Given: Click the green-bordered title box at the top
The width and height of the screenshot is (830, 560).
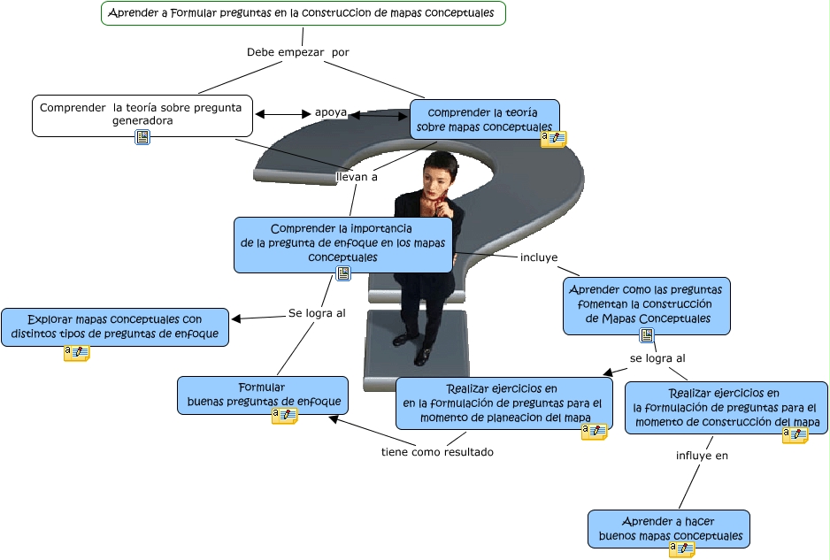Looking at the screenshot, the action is (x=304, y=13).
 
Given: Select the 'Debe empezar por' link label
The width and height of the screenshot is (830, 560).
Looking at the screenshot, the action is (x=298, y=52).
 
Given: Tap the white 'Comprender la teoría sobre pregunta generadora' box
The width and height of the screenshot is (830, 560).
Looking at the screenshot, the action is (x=142, y=115).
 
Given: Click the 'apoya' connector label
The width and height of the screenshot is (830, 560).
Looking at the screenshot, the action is (x=331, y=112).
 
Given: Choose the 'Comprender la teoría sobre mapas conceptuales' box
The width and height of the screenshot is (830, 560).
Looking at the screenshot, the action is (x=484, y=119).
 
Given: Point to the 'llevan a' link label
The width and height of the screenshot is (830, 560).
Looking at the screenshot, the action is (x=357, y=177).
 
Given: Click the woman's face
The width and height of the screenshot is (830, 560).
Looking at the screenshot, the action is (x=435, y=180).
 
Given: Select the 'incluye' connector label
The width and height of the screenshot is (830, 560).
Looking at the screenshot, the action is (x=539, y=257).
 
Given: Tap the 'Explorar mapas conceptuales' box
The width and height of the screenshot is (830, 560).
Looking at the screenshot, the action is (x=115, y=327).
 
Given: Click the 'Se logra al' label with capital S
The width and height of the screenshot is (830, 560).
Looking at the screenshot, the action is (x=317, y=313).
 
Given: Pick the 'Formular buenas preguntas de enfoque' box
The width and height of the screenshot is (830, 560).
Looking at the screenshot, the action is (x=263, y=395).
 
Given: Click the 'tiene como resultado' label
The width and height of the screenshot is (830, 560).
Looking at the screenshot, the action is (x=437, y=452).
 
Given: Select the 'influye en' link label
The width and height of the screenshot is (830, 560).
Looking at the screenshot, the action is (x=702, y=456).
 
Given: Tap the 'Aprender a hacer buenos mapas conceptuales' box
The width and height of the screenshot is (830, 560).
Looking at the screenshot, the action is (x=669, y=529).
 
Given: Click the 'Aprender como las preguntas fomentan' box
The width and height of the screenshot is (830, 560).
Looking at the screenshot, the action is (x=646, y=305).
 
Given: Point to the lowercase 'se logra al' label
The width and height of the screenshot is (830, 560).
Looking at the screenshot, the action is (x=657, y=358).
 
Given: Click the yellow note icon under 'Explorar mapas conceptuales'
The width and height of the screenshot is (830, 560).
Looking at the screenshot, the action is (x=77, y=352).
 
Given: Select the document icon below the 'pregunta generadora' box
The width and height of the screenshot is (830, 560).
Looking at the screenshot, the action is (x=142, y=137).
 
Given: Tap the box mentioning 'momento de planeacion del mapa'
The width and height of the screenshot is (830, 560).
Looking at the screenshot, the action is (x=504, y=403).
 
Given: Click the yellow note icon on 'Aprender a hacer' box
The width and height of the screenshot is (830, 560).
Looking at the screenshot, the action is (x=681, y=549).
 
